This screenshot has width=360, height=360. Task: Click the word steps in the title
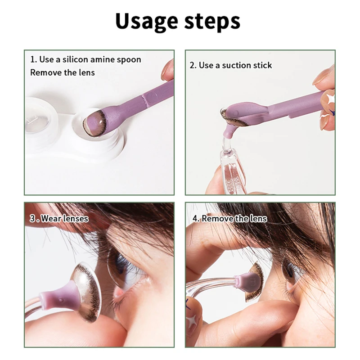(x=211, y=22)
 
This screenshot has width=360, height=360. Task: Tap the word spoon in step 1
(x=128, y=59)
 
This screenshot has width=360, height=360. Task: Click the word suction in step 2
(x=232, y=65)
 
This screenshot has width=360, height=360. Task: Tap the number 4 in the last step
(x=195, y=219)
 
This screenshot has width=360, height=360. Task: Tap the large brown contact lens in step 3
(x=85, y=290)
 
